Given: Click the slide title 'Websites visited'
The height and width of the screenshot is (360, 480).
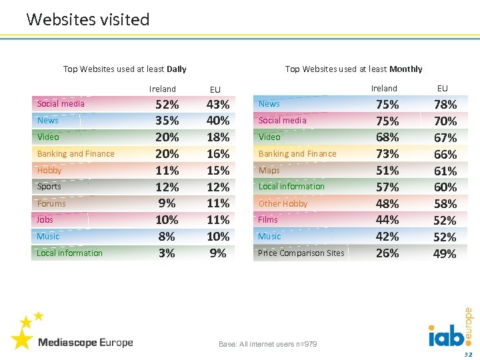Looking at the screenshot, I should click(x=88, y=19).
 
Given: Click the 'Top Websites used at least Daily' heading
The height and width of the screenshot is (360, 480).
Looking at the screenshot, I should click(x=125, y=69).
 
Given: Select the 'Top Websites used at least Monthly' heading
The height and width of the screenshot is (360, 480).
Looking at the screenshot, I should click(x=353, y=69).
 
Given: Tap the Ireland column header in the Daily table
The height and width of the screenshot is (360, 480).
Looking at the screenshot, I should click(x=163, y=89).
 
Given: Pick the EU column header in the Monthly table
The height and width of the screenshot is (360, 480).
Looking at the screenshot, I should click(x=443, y=88).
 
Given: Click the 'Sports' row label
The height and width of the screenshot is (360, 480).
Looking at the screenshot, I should click(x=49, y=187).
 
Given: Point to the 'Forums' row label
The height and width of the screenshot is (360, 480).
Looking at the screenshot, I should click(x=51, y=203).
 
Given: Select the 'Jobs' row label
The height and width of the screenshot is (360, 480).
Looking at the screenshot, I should click(x=45, y=219).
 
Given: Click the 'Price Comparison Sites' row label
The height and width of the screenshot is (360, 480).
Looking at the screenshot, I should click(x=301, y=253).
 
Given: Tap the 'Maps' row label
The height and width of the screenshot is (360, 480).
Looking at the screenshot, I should click(x=269, y=170).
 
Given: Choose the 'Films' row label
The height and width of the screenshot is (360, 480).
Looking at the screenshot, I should click(x=268, y=219).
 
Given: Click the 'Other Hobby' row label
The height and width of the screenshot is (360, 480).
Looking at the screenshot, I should click(x=283, y=203).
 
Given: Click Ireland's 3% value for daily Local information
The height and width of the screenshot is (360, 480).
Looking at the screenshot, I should click(x=167, y=253).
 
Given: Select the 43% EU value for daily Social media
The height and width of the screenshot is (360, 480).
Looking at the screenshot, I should click(x=218, y=105).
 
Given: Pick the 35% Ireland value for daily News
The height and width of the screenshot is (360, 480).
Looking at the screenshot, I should click(x=167, y=121).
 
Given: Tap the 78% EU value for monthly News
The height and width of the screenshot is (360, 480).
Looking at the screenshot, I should click(x=445, y=105).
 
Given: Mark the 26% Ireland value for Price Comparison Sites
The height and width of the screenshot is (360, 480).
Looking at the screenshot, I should click(x=387, y=253).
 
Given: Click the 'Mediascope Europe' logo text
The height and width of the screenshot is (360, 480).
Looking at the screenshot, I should click(x=85, y=343).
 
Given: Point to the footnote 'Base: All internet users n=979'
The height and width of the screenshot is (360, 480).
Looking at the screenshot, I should click(x=268, y=344).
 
